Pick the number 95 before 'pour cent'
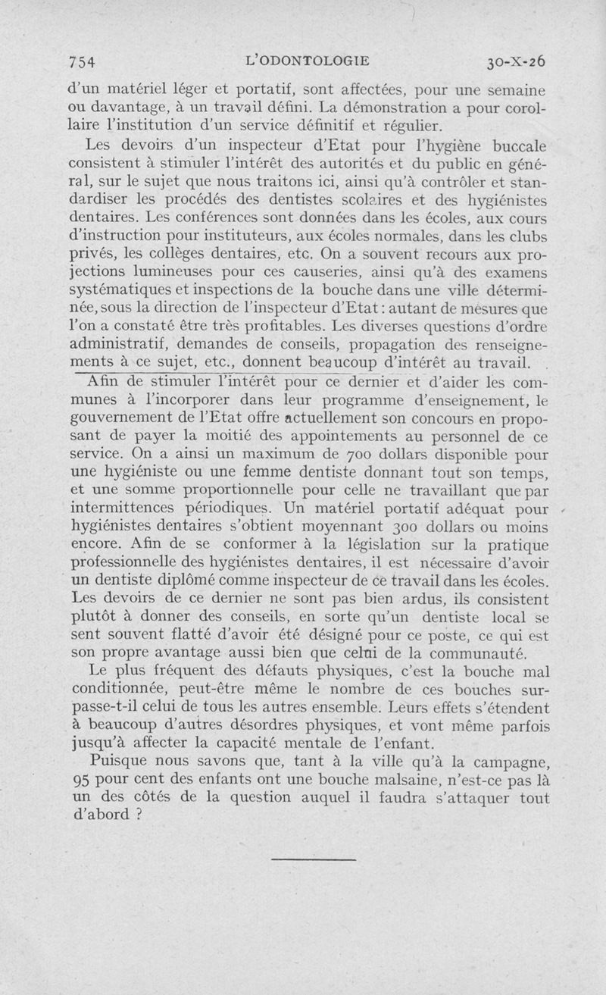point(80,781)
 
